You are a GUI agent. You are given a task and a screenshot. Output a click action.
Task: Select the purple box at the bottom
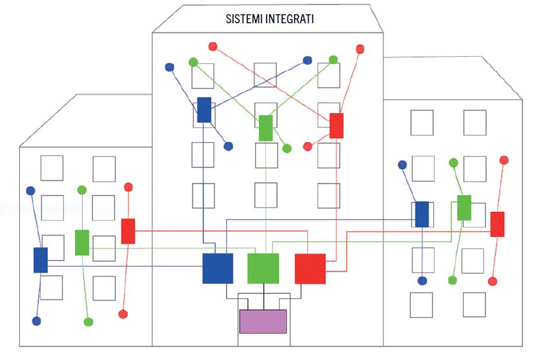[263, 321]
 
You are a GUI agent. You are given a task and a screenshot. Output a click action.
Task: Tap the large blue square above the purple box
[218, 268]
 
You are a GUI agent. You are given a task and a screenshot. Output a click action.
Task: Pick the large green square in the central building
[263, 268]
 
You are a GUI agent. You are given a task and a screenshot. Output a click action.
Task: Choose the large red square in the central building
[310, 269]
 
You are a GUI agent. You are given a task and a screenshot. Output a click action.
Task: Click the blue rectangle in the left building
[41, 260]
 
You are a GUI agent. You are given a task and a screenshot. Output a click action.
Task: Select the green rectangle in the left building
[82, 242]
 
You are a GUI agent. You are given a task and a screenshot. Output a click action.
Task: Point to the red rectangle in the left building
[128, 231]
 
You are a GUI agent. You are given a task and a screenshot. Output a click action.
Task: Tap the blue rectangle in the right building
[422, 215]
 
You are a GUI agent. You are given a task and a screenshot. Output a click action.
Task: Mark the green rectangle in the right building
[464, 207]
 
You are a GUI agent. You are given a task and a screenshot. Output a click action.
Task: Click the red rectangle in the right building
[497, 224]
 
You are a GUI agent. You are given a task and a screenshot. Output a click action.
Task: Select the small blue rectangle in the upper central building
[204, 110]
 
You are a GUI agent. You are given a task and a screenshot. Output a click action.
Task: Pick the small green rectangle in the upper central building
[265, 128]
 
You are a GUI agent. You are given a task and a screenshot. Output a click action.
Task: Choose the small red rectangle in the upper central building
[336, 125]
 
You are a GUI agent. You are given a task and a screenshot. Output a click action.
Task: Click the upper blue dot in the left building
[30, 191]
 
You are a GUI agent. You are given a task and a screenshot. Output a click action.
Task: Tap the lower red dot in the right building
[493, 281]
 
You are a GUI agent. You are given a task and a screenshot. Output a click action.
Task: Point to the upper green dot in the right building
[454, 163]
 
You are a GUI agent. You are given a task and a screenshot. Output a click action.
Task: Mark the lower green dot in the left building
[88, 322]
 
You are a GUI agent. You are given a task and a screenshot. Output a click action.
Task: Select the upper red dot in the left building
[128, 187]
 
